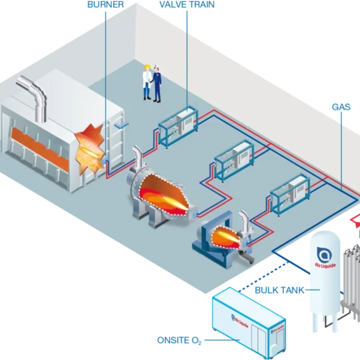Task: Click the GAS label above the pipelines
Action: [x=341, y=107]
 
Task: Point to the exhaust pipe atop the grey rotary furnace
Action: [x=135, y=159]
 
